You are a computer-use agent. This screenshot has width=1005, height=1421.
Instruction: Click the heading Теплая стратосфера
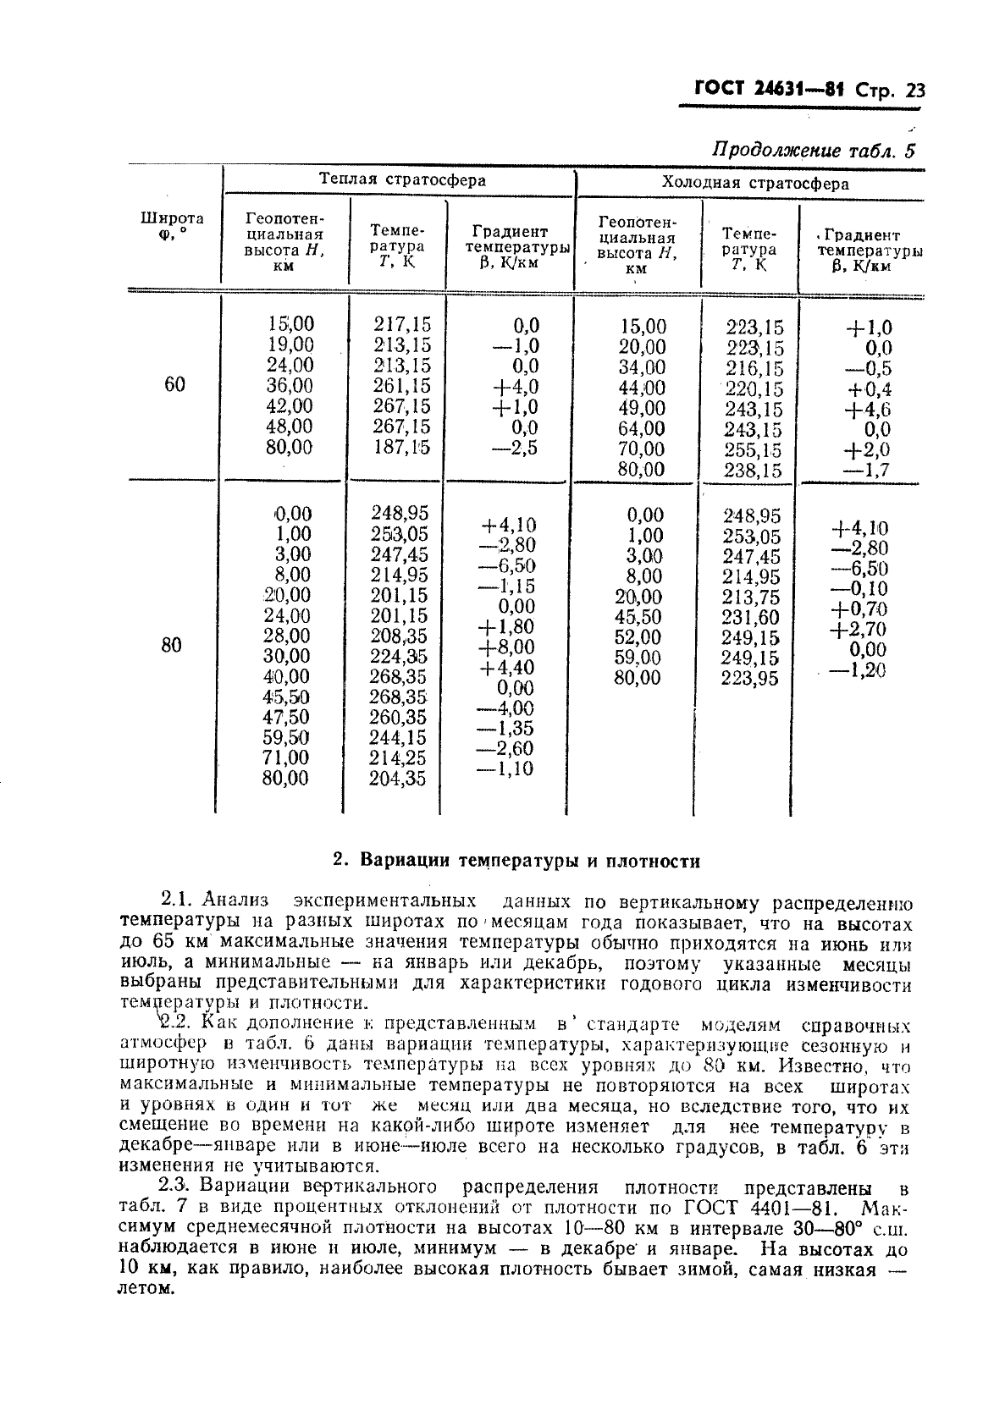tap(402, 179)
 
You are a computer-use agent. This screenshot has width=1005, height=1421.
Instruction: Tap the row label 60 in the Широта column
tap(174, 385)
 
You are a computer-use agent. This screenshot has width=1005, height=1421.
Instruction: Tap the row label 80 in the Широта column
tap(172, 646)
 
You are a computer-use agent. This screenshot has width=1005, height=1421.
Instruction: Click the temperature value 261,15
tap(402, 386)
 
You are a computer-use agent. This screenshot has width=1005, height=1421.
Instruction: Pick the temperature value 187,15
tap(402, 447)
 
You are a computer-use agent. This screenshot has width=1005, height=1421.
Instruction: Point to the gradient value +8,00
tap(507, 647)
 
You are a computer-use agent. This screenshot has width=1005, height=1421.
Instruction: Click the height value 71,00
tap(285, 757)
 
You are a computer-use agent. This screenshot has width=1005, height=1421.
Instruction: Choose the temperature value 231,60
tap(750, 618)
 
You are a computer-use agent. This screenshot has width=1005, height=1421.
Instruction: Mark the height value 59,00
tap(638, 658)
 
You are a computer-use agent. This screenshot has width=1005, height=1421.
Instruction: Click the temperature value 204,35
tap(398, 779)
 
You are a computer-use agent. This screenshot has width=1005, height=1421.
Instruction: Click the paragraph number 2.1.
tap(178, 903)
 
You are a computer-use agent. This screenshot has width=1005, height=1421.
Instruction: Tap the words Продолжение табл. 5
tap(814, 151)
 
